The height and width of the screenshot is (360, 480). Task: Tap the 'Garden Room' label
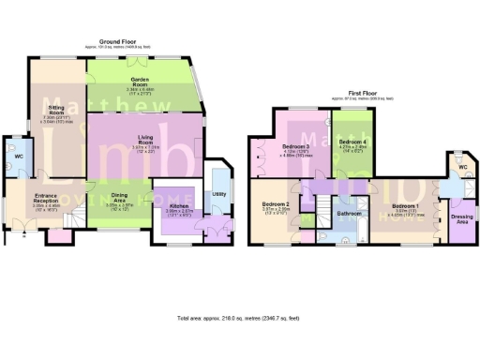point(142,82)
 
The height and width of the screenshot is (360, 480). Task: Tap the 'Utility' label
point(217,193)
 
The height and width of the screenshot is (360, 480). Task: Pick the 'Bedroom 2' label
point(274,204)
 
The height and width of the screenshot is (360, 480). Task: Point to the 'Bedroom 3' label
point(295,148)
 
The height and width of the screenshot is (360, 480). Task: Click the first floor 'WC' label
point(461,166)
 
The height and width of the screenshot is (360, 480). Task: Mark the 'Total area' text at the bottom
point(238,319)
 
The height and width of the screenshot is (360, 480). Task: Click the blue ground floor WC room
point(19,161)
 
